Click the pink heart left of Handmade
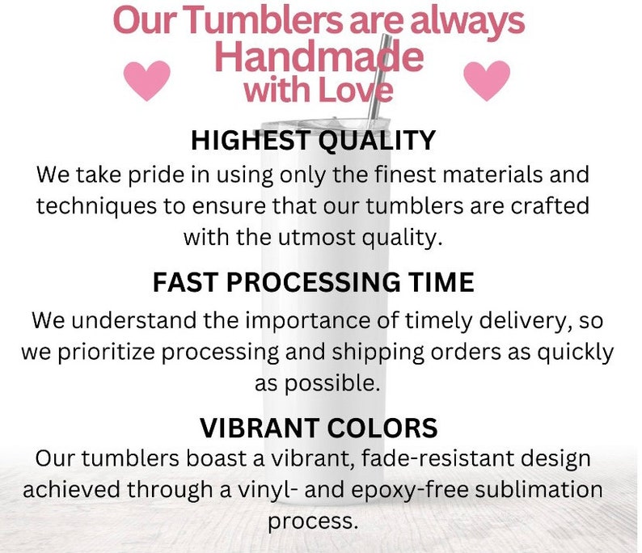click(x=146, y=80)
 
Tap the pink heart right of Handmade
click(x=487, y=80)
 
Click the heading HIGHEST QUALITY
click(x=314, y=141)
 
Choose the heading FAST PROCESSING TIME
click(x=313, y=283)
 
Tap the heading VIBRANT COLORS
click(x=319, y=427)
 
